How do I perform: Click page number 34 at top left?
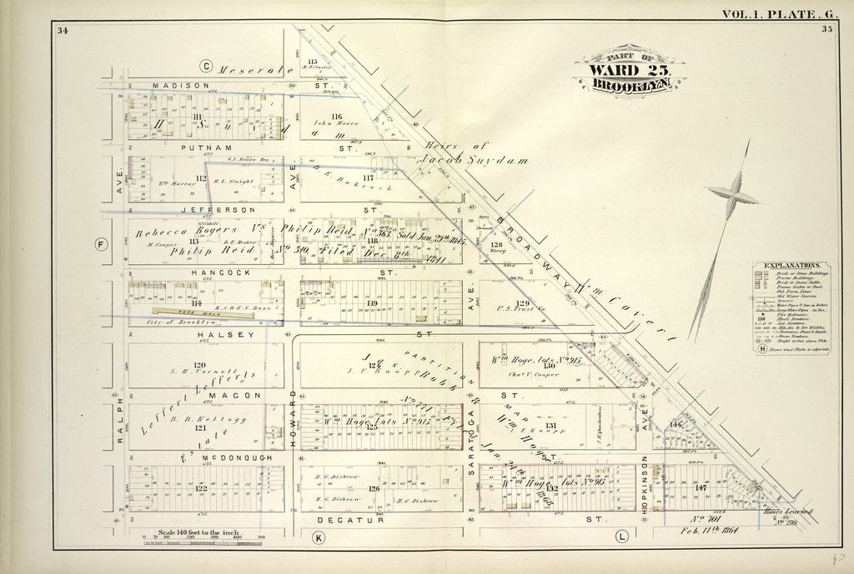click(63, 31)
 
